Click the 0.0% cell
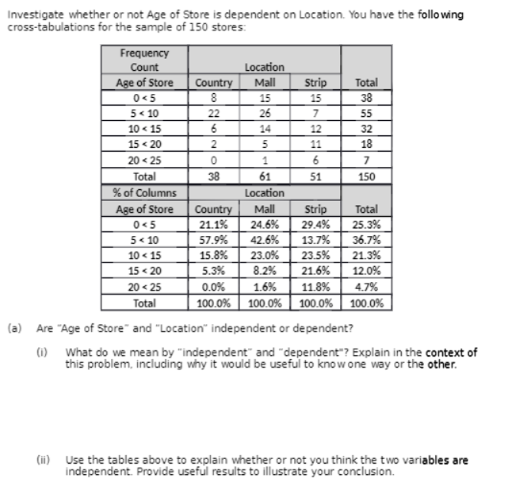pyautogui.click(x=215, y=285)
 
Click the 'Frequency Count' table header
pyautogui.click(x=145, y=60)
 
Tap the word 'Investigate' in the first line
pyautogui.click(x=31, y=13)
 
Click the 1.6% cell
pyautogui.click(x=261, y=285)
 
